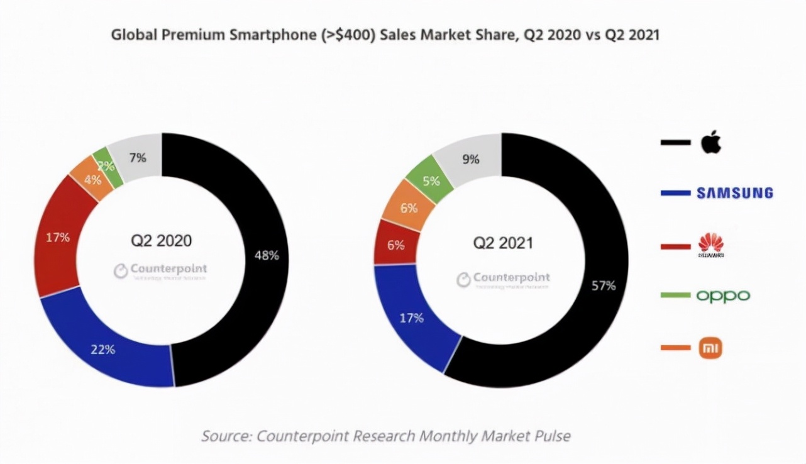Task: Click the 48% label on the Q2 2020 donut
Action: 267,255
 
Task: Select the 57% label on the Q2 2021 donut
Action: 604,285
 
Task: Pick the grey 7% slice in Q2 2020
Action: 138,158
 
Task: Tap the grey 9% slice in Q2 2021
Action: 470,159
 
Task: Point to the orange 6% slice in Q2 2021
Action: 409,207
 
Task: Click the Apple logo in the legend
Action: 712,142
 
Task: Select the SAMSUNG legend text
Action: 734,193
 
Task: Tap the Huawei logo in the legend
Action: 711,245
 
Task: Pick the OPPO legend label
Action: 723,296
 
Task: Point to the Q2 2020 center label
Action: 161,241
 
